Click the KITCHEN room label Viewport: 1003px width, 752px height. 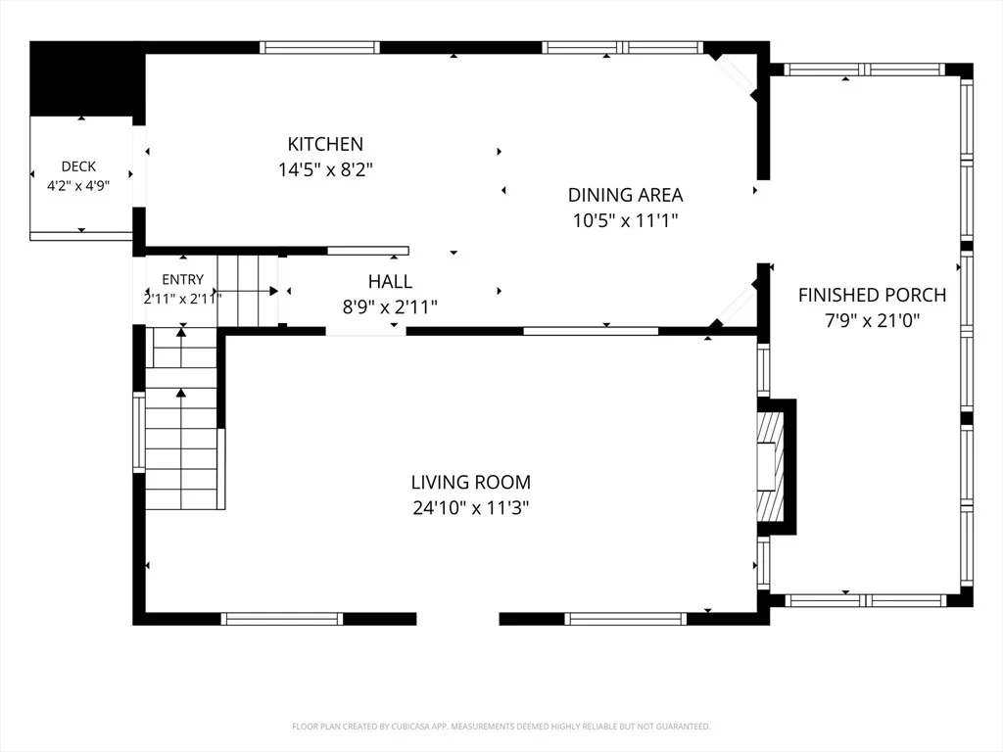pos(325,144)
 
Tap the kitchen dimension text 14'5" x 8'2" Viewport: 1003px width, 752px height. pos(325,169)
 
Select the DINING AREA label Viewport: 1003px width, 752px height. pos(625,195)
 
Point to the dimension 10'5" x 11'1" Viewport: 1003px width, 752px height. pos(625,220)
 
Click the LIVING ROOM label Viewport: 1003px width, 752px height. pos(471,482)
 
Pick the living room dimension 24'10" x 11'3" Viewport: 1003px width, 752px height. pos(471,508)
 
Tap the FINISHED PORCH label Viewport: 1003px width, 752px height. pos(872,295)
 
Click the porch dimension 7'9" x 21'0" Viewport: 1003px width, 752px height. pos(872,320)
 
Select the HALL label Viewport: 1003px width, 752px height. pos(390,281)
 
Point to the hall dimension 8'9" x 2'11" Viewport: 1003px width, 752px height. pos(390,306)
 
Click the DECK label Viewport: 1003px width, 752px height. pos(78,166)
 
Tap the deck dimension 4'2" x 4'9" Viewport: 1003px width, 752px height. pos(78,185)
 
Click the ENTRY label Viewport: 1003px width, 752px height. pos(182,279)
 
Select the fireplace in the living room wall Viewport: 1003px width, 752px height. pos(776,467)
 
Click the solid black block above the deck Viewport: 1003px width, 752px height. pos(87,78)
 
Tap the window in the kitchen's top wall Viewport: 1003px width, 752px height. pos(319,47)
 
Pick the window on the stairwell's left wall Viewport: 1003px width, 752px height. pos(139,432)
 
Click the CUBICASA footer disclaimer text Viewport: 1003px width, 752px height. pos(501,727)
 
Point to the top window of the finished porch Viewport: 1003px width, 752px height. pos(864,70)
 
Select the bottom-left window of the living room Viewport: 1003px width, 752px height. pos(281,619)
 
